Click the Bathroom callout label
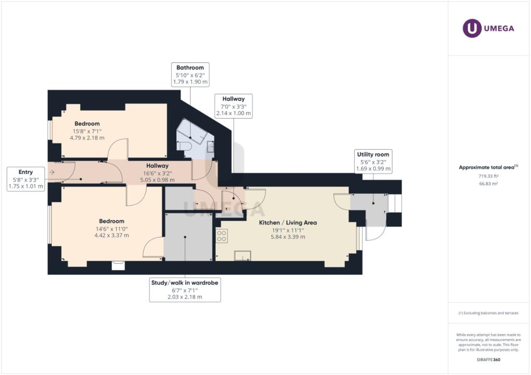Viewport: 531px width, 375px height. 190,75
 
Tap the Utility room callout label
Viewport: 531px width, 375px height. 373,161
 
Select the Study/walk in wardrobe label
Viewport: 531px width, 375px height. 185,290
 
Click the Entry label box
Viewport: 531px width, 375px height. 26,179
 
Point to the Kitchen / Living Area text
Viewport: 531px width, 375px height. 288,223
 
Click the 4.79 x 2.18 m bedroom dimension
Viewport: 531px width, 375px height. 87,138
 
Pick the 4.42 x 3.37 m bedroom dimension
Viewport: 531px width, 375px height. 112,235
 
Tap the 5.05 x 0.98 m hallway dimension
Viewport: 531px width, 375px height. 158,180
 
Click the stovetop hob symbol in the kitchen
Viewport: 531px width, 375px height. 222,236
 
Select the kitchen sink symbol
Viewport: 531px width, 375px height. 243,256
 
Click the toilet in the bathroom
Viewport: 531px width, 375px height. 185,146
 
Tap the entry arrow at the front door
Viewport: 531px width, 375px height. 52,172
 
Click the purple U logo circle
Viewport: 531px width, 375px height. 472,28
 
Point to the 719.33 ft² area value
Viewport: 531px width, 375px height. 488,176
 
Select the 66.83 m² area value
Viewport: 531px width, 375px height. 488,184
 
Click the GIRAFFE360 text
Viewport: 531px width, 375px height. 488,360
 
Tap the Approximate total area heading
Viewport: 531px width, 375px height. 488,167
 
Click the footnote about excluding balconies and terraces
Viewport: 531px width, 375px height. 488,313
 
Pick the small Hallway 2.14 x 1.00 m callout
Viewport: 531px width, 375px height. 234,106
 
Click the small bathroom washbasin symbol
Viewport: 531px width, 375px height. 211,147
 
